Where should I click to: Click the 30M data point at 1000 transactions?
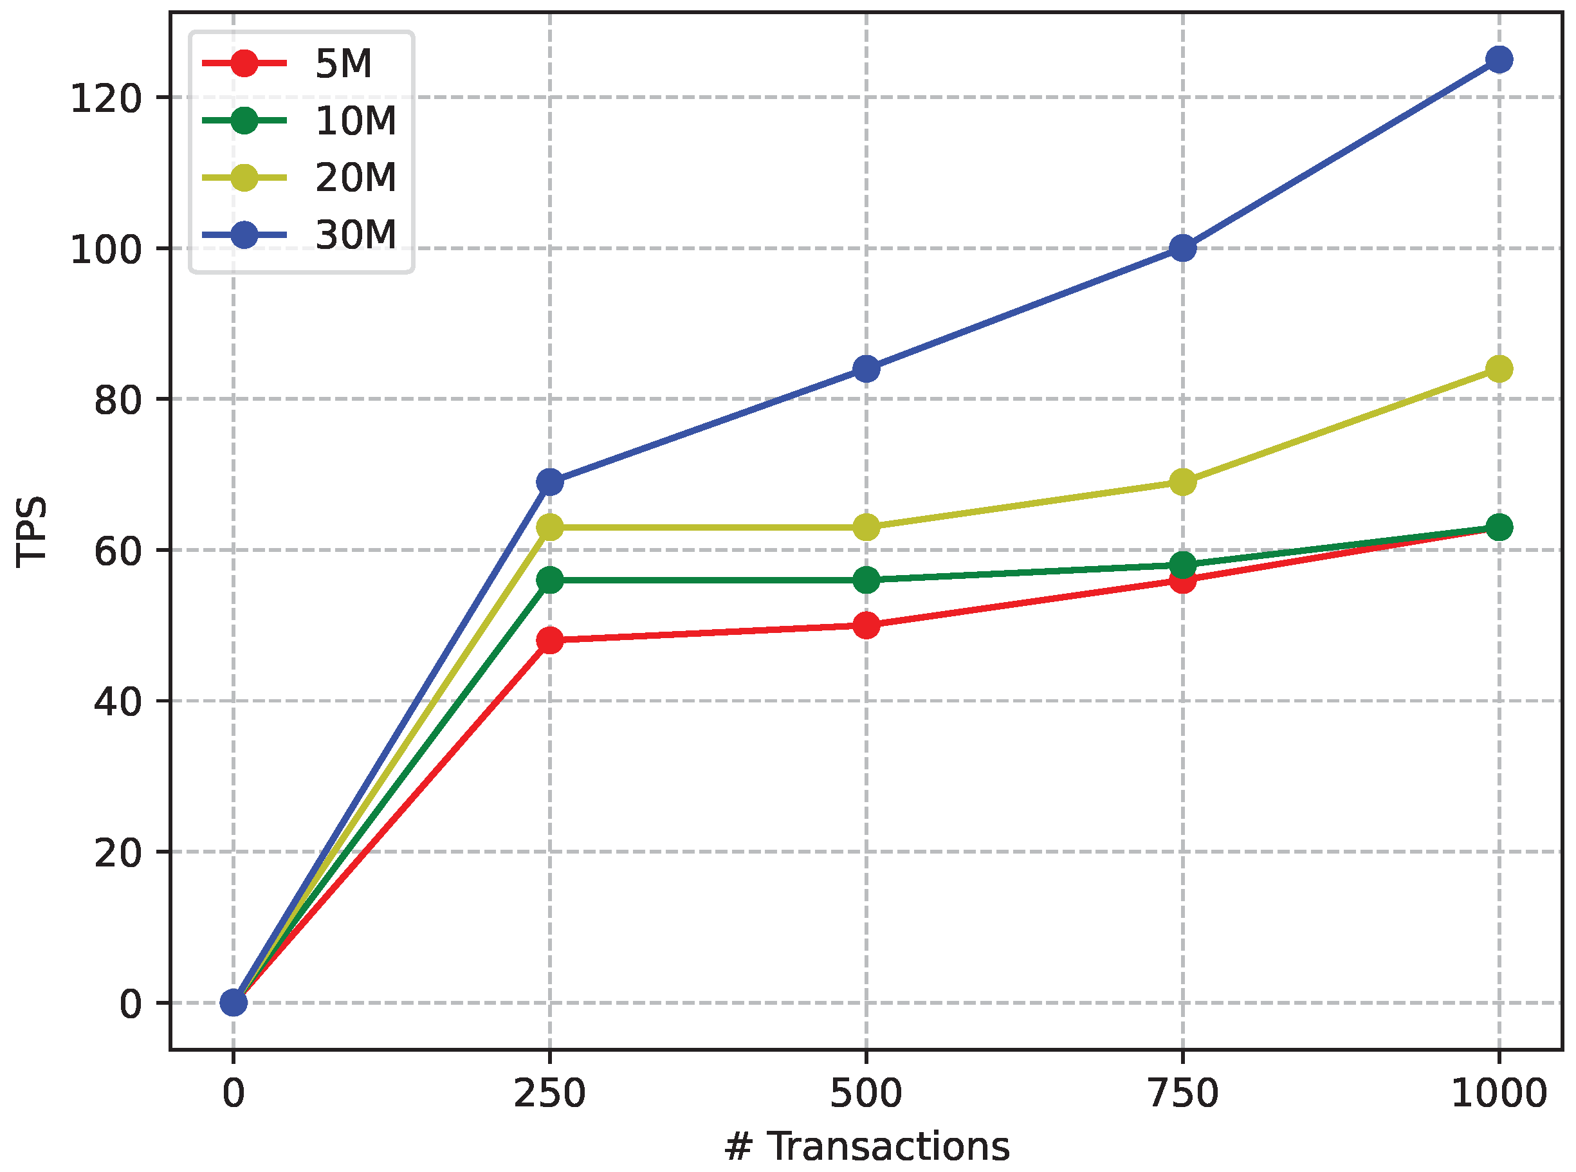click(1498, 60)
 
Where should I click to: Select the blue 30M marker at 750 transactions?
click(1182, 248)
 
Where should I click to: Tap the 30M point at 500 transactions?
click(866, 369)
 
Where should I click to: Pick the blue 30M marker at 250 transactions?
click(550, 482)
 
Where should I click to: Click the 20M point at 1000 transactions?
click(1498, 369)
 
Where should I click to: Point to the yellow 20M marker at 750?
click(1182, 482)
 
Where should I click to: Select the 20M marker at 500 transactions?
click(866, 527)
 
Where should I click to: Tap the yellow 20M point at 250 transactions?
click(550, 527)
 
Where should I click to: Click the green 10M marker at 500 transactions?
click(866, 580)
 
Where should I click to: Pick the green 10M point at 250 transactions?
click(550, 580)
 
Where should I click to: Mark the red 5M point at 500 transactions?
click(866, 625)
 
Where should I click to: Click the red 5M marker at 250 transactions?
click(550, 641)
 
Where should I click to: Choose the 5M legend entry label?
click(344, 64)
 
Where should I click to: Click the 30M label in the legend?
click(356, 234)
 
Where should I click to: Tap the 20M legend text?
click(356, 178)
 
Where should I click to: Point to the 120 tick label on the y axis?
click(106, 98)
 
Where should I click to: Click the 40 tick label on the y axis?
click(118, 702)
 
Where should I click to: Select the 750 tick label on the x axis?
click(1182, 1094)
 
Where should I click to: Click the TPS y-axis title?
click(32, 532)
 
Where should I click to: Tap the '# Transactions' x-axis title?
click(866, 1147)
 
